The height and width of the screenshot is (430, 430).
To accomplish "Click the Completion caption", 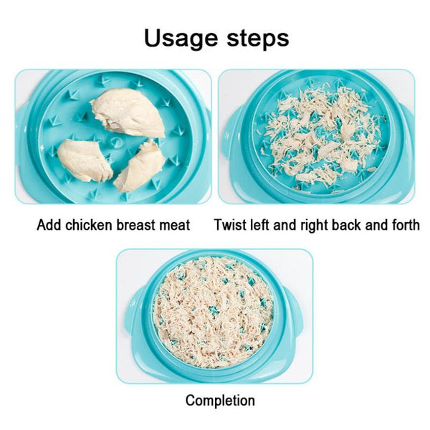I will (220, 401).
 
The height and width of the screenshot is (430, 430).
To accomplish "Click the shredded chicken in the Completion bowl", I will (213, 311).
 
